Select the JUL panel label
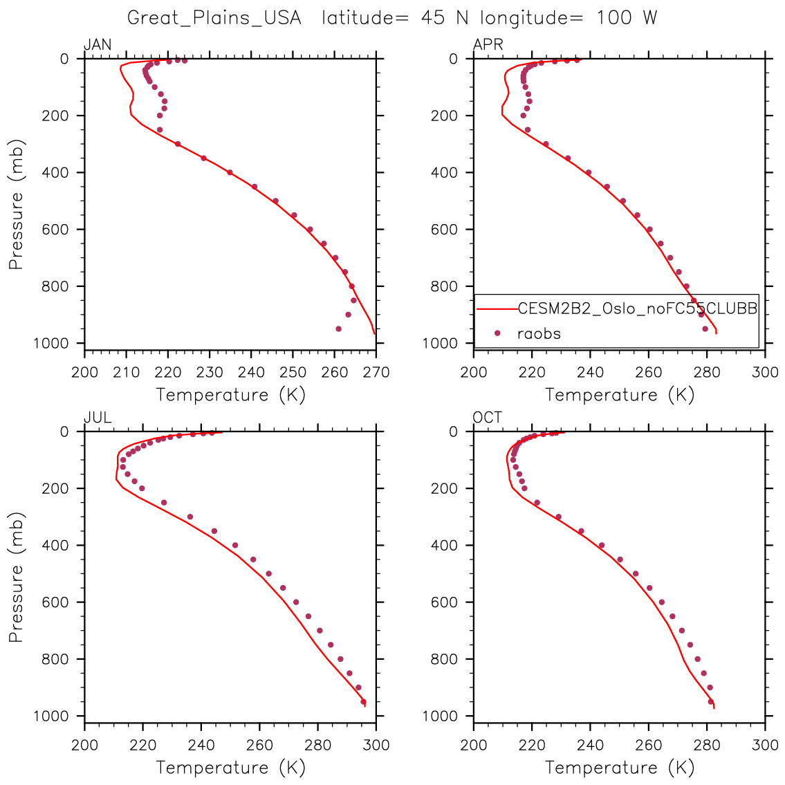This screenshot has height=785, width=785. coord(98,418)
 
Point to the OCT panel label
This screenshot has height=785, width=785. coord(488,418)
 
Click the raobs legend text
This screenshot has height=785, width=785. coord(539,333)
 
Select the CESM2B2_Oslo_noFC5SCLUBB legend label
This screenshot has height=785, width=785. coord(637,308)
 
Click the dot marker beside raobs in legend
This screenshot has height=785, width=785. coord(497,333)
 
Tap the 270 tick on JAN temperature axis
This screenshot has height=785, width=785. coord(376,372)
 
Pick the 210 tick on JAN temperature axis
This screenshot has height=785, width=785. coord(126,372)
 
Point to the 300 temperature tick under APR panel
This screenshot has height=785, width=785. coord(765,372)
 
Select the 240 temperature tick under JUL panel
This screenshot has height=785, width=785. coord(201,745)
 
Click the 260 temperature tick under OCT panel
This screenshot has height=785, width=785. coord(648,745)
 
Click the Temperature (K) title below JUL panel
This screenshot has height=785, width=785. coord(230,768)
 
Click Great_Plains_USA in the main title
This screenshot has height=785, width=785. coord(214,18)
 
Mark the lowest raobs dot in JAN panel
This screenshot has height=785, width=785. coord(338,329)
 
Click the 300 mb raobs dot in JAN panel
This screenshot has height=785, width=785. coord(178,144)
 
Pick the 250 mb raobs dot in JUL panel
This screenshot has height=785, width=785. coord(164,503)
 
